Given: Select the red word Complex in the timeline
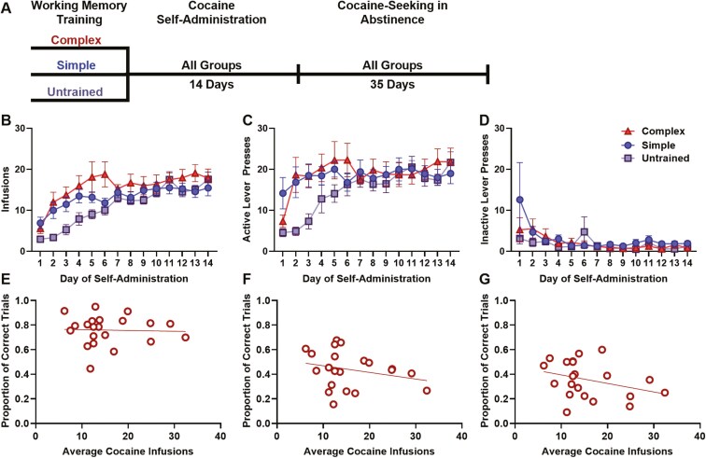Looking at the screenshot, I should click(78, 41).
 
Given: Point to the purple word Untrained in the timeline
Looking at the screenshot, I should click(78, 91).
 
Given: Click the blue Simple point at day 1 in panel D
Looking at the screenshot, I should click(519, 200).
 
